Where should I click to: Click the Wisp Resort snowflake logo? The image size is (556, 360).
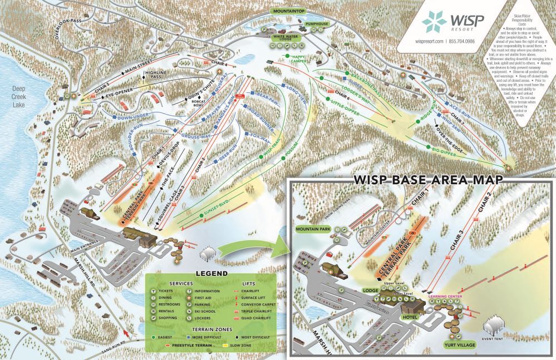click(434, 22)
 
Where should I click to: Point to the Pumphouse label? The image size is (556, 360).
click(317, 24)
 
